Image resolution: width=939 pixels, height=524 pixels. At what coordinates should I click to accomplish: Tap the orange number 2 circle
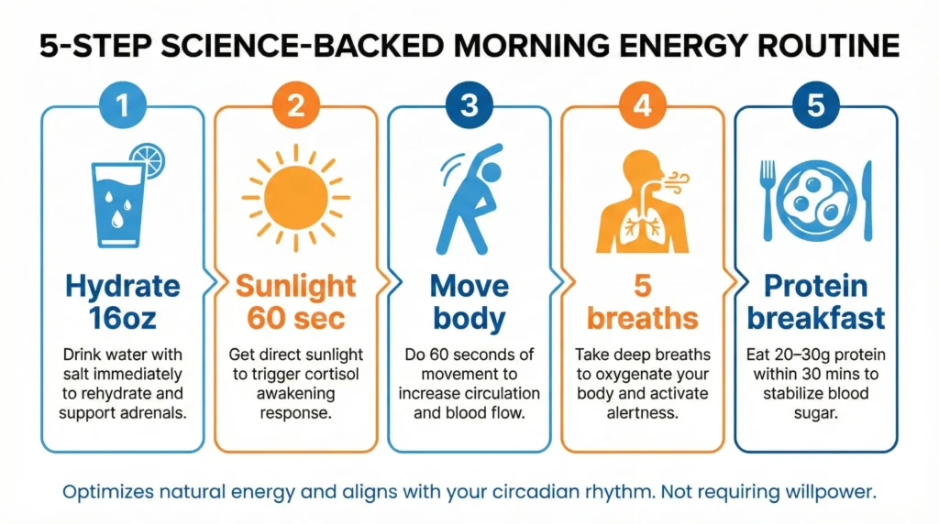point(295,106)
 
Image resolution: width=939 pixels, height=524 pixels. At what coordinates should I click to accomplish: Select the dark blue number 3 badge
point(469,106)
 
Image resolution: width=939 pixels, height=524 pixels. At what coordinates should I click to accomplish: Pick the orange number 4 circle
point(642,106)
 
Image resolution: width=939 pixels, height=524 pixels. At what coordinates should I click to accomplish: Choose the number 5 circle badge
point(815,106)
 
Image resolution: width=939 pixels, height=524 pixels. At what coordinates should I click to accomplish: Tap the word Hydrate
point(122,287)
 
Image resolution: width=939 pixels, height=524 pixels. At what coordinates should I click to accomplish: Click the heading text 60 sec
point(295,319)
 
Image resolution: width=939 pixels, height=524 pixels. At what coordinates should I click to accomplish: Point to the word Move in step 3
point(469,287)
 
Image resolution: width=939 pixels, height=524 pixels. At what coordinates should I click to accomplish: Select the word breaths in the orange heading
point(642,319)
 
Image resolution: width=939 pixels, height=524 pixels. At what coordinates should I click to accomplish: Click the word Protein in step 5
point(815,287)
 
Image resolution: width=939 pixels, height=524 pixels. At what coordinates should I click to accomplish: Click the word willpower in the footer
point(831,492)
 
